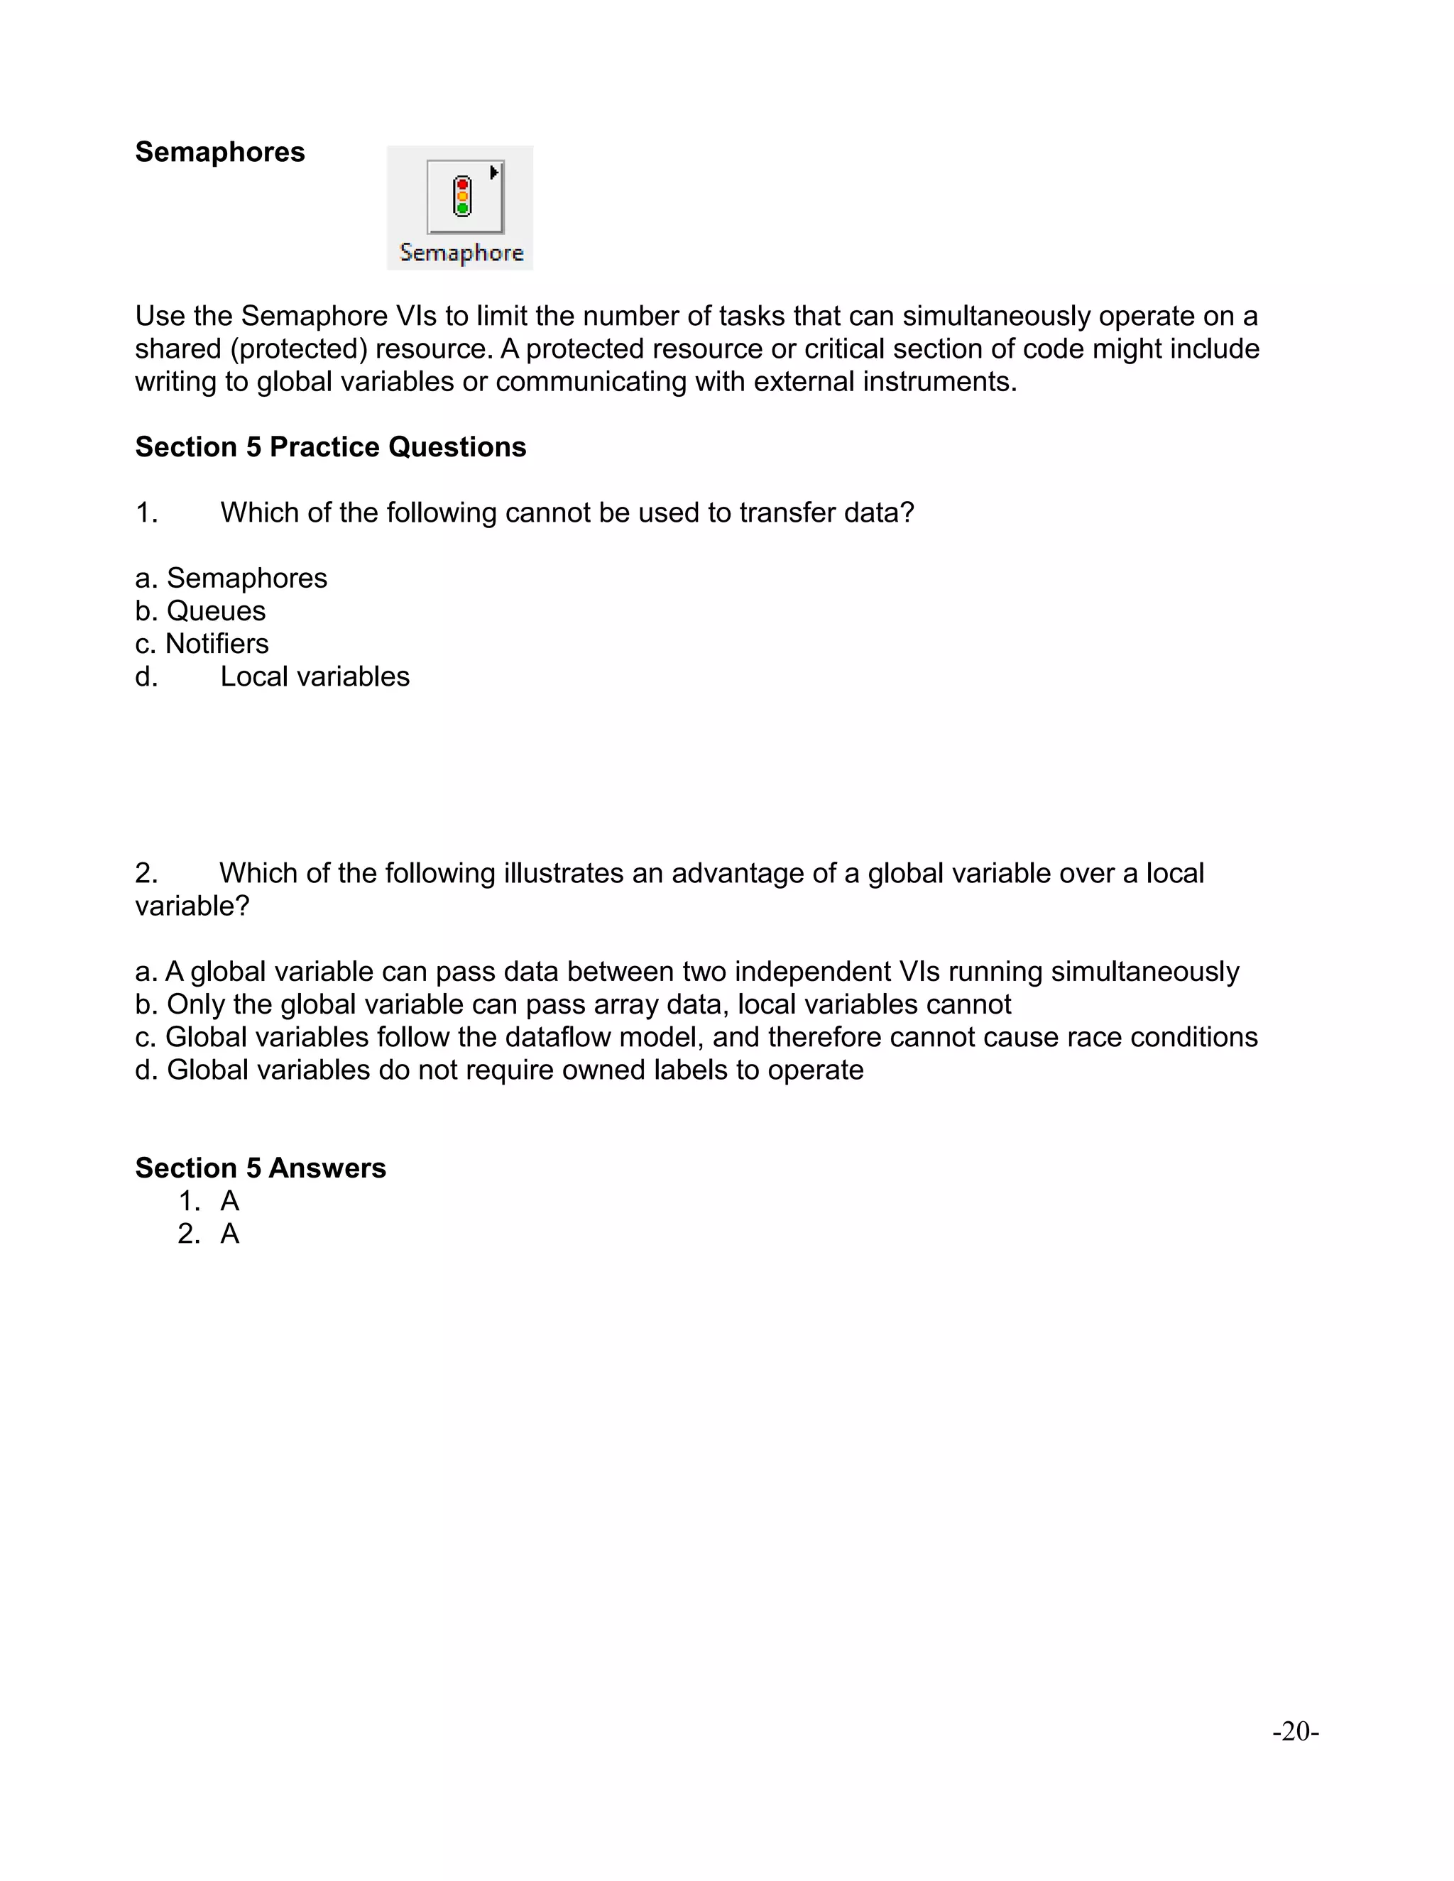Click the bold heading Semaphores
tap(219, 153)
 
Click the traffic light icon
tap(463, 197)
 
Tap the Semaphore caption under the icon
tap(461, 253)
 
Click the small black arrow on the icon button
tap(493, 173)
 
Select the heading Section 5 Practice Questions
tap(330, 447)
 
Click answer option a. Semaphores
tap(231, 578)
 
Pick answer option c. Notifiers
tap(202, 643)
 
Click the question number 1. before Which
tap(146, 512)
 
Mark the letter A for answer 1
tap(229, 1200)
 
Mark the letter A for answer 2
tap(229, 1234)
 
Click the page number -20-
tap(1295, 1731)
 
